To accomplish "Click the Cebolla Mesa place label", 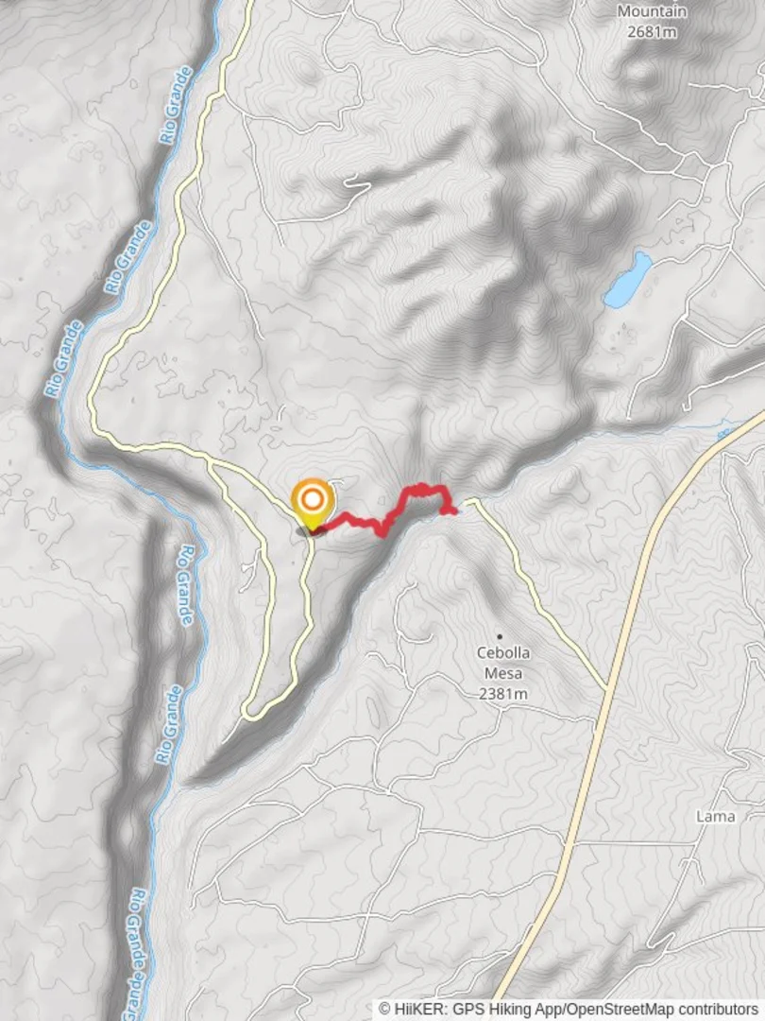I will (502, 664).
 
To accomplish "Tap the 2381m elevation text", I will (502, 694).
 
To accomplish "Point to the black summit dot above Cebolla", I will (500, 636).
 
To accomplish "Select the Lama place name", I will (714, 816).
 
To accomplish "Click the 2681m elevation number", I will (652, 31).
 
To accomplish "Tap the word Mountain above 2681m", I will (652, 11).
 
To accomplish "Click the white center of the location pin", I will (313, 497).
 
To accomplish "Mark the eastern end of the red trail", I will (456, 511).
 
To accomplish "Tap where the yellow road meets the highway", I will (605, 687).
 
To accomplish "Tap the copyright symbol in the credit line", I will (385, 1010).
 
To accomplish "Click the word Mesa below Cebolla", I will (502, 674).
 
